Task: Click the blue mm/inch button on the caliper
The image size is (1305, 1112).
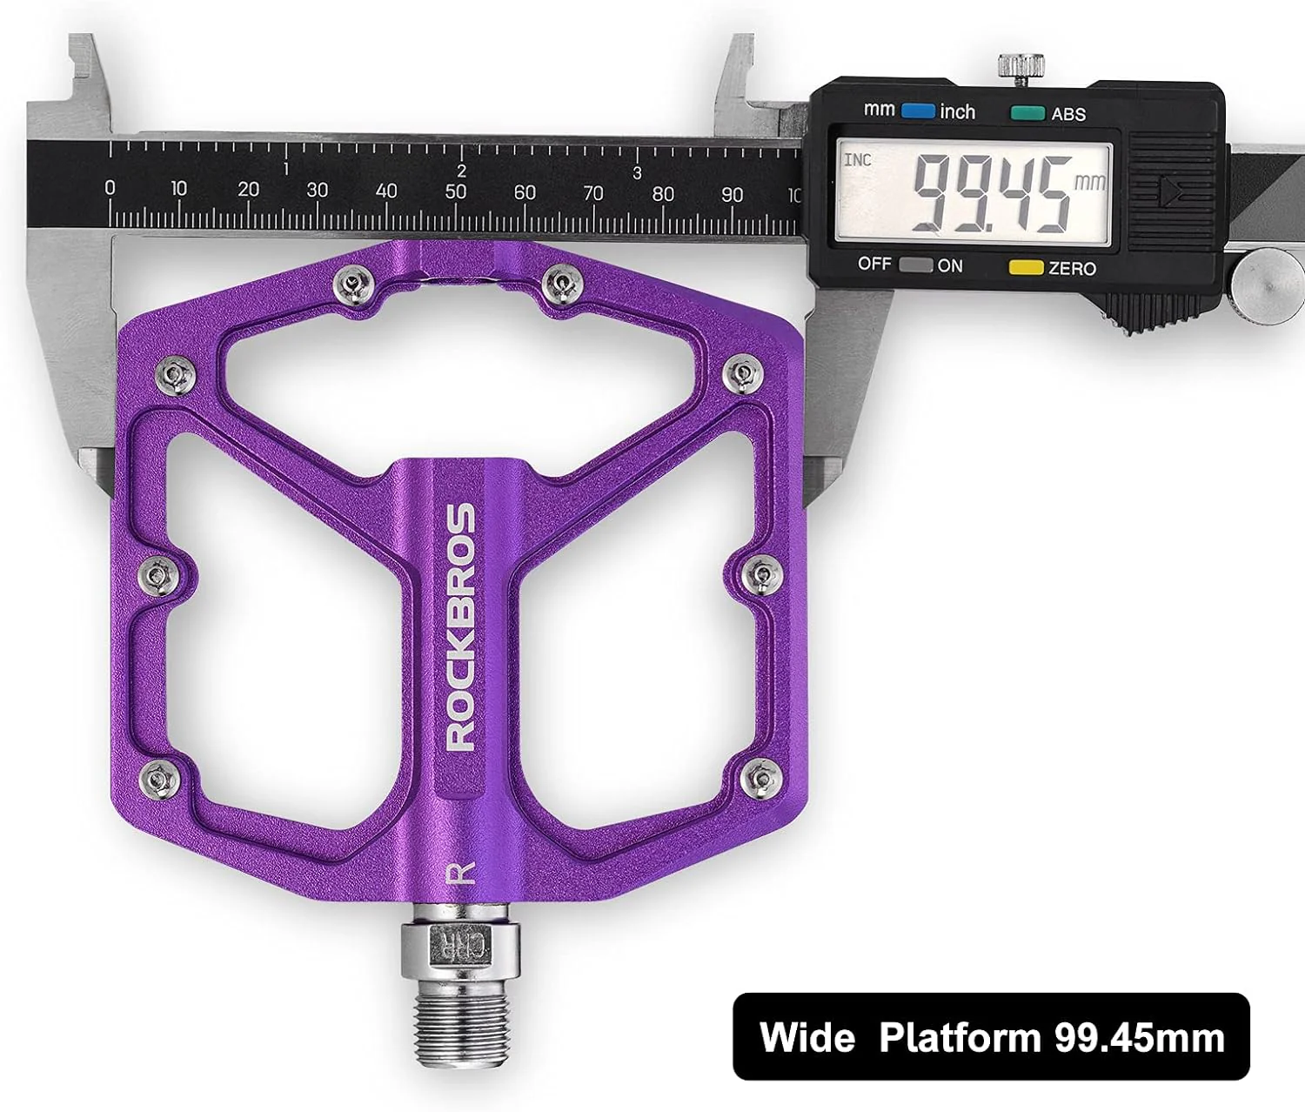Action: (918, 111)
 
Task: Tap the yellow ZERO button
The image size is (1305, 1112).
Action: (1026, 268)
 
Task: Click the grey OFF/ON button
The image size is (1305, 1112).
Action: (915, 265)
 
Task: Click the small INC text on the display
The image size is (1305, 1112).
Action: (857, 160)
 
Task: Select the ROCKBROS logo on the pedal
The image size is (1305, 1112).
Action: (460, 626)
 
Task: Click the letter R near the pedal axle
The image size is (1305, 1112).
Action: (461, 872)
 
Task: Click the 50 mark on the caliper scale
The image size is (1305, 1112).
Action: (455, 191)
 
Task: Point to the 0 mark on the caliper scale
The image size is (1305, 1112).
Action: (110, 187)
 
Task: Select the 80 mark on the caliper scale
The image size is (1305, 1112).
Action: (663, 193)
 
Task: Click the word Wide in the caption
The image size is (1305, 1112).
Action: (806, 1037)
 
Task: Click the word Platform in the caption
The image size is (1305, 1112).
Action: (959, 1037)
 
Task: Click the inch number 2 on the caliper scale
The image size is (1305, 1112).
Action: (461, 171)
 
